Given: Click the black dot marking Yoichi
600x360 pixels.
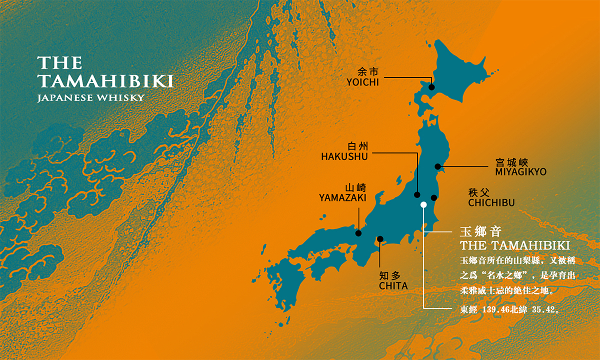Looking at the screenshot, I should tap(432, 87).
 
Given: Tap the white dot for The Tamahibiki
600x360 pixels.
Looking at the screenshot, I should tap(423, 204).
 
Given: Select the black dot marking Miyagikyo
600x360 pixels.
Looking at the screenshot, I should tap(437, 166).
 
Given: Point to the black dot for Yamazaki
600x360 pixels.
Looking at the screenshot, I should tap(358, 233).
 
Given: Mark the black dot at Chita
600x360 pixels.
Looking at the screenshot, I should tap(380, 239).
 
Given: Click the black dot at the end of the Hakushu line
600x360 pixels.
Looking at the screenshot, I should tap(417, 195).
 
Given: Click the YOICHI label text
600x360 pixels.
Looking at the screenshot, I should tap(362, 82).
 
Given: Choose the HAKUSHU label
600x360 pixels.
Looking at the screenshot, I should tap(344, 156).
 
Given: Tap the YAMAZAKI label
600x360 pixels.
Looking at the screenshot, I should tap(342, 198).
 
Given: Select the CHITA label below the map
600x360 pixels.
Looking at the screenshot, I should tap(393, 286).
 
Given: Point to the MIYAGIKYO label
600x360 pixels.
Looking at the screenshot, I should tap(521, 172).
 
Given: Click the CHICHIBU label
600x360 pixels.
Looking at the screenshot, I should tap(491, 202).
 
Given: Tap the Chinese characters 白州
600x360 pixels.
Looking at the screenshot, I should tap(357, 146).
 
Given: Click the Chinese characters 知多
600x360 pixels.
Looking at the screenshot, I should tap(390, 275).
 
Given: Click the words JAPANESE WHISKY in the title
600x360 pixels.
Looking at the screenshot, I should tap(90, 97).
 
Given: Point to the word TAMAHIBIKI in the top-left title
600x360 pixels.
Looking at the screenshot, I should tap(105, 81).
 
